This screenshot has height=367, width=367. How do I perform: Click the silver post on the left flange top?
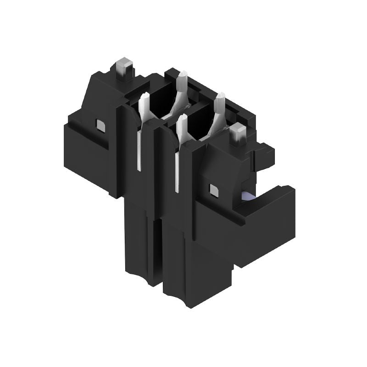pyautogui.click(x=124, y=67)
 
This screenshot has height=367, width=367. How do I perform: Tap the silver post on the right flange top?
pyautogui.click(x=238, y=133)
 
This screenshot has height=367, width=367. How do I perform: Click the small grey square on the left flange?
pyautogui.click(x=100, y=124)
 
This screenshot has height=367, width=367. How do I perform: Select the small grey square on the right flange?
pyautogui.click(x=213, y=189)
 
